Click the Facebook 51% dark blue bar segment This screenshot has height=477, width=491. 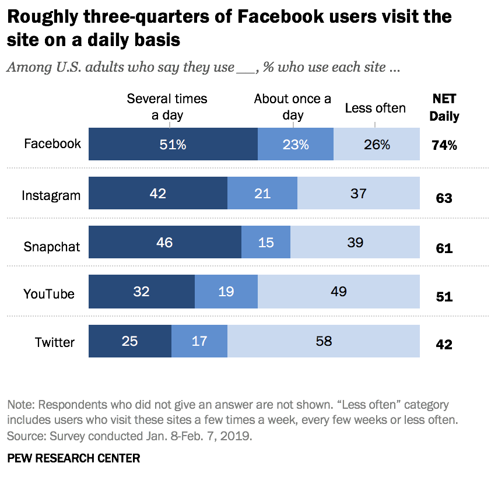[x=173, y=144]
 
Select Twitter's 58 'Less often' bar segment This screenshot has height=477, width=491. [x=323, y=341]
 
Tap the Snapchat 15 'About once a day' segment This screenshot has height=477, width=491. [x=266, y=242]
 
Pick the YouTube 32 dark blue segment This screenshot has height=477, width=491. [x=142, y=292]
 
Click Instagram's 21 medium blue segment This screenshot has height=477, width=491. [x=262, y=193]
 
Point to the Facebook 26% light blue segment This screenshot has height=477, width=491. [x=377, y=144]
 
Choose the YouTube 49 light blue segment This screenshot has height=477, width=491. [x=338, y=292]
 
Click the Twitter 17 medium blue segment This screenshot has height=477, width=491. [x=199, y=341]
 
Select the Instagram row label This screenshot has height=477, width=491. [x=51, y=195]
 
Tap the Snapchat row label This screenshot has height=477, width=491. [x=51, y=246]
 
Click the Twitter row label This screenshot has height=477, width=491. [x=54, y=342]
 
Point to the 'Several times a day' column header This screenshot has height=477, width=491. [x=167, y=107]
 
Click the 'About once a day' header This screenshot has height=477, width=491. [x=293, y=107]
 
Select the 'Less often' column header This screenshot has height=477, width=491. [x=375, y=108]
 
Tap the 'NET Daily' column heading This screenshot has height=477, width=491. [x=444, y=107]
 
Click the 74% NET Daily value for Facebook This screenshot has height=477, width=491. [x=444, y=146]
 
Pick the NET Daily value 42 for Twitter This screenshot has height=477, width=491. [x=444, y=345]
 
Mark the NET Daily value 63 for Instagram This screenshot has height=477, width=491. [x=444, y=198]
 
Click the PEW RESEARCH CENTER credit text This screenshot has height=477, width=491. [x=73, y=458]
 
